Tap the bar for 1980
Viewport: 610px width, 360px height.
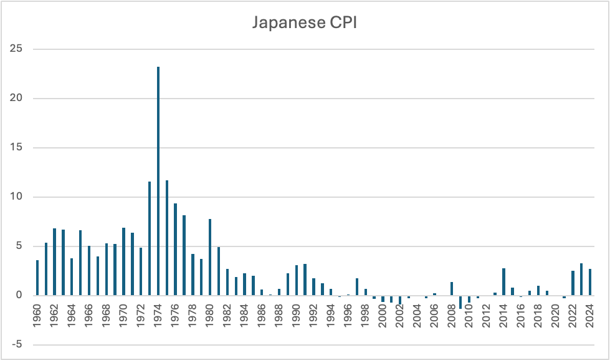coord(210,257)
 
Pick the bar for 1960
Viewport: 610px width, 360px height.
coord(37,278)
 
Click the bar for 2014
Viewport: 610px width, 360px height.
coord(503,282)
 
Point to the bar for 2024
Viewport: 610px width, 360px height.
coord(590,282)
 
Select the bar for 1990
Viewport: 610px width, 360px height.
coord(297,280)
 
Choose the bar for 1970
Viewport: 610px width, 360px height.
coord(123,261)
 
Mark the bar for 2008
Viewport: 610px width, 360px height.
coord(452,289)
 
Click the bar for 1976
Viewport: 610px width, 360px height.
coord(175,250)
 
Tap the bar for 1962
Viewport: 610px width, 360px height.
coord(55,262)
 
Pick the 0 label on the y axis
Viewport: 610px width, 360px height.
coord(19,295)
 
